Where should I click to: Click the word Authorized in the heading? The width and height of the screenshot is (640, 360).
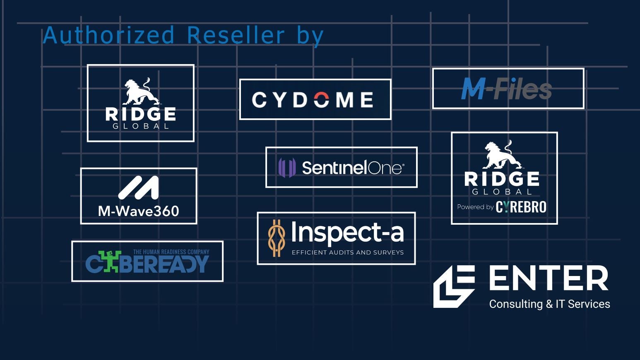pos(109,35)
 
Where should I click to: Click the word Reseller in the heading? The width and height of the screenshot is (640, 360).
pos(236,35)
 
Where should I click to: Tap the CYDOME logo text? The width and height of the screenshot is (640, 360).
pos(313,100)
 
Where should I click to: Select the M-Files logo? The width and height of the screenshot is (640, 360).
pos(507,89)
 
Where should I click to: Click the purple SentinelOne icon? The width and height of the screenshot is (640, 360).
pos(287,168)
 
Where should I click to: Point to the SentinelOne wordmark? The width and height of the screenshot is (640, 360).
pos(352,168)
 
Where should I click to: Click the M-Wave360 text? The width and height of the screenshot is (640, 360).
pos(138,211)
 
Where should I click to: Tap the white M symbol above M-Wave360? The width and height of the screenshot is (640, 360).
pos(139,187)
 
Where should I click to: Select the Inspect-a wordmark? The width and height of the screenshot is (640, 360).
pos(347,232)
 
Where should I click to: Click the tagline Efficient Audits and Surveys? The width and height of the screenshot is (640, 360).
pos(347,252)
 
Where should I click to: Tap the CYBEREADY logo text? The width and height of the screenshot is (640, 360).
pos(147,264)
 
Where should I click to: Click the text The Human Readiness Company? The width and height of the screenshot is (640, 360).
pos(171,252)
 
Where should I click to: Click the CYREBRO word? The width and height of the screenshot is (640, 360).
pos(521,207)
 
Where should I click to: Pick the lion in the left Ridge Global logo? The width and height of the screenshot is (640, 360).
pos(141,92)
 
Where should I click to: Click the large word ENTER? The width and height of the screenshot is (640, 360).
pos(549,279)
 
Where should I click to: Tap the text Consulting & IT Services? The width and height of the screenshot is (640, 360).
pos(549,304)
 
